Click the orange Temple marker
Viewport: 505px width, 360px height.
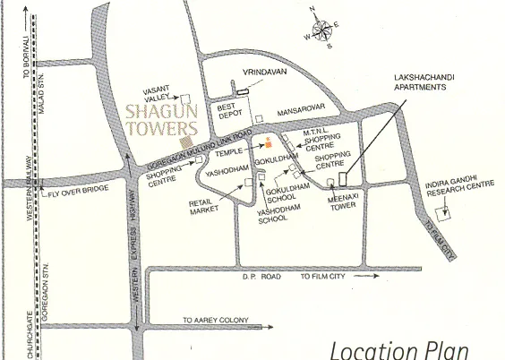tap(267, 142)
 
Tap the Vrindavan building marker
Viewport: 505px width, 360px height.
tap(242, 90)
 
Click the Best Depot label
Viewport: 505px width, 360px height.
tap(230, 111)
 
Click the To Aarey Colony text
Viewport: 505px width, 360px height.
tap(215, 320)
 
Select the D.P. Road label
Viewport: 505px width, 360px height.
tap(261, 278)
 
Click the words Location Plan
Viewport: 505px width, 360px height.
tap(398, 349)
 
